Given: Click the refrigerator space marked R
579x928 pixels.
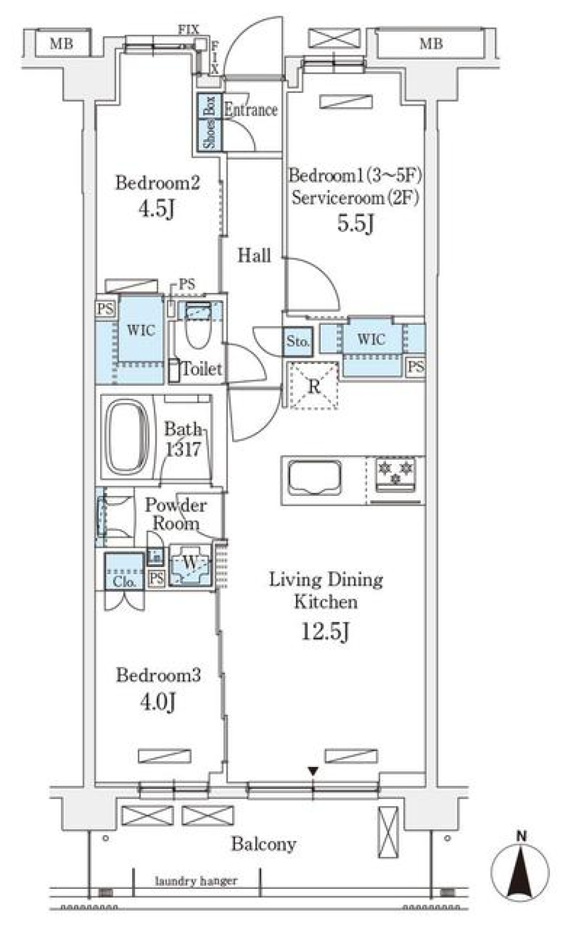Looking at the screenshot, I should [x=313, y=386].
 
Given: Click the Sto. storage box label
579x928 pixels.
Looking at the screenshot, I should [x=298, y=342].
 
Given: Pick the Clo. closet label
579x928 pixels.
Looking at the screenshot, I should [x=124, y=582].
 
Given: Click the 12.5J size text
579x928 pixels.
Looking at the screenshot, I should [x=326, y=632].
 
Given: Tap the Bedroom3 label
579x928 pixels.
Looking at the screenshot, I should [x=158, y=675].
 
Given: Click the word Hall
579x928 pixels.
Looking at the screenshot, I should [x=254, y=256].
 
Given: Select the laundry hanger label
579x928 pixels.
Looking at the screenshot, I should [x=196, y=881].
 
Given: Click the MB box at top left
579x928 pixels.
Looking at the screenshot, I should [x=61, y=43].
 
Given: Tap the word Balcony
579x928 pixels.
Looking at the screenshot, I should [x=264, y=844].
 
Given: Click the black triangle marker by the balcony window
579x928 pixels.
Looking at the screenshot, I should [x=312, y=771].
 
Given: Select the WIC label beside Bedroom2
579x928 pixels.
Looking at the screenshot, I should [x=141, y=330].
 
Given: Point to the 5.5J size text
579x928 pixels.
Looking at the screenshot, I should [x=356, y=224].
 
